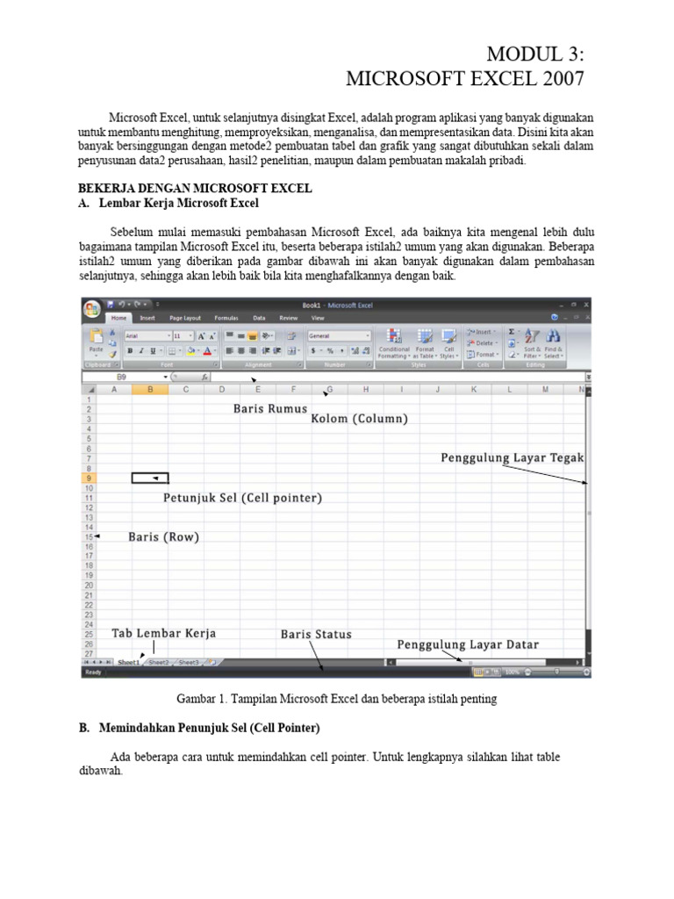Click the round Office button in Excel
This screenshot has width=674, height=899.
(x=91, y=309)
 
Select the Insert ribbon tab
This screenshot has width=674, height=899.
(x=147, y=318)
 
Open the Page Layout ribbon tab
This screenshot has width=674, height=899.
(x=185, y=318)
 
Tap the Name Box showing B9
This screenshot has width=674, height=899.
(x=121, y=377)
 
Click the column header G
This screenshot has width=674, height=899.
(x=329, y=389)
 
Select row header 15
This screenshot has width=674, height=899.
(x=89, y=536)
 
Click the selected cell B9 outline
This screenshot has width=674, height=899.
(x=150, y=478)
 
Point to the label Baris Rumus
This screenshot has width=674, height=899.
(x=269, y=408)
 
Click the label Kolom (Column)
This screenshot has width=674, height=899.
(x=360, y=419)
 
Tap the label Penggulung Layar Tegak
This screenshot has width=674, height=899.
(x=512, y=457)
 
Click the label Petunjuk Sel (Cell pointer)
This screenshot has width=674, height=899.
(x=243, y=498)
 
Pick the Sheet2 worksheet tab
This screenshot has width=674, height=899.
(x=158, y=663)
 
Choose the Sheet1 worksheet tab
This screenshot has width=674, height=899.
(x=128, y=663)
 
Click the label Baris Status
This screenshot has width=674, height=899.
(x=316, y=634)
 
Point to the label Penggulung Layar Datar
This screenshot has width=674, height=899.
(x=468, y=644)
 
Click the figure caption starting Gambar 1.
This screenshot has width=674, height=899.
(x=337, y=699)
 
